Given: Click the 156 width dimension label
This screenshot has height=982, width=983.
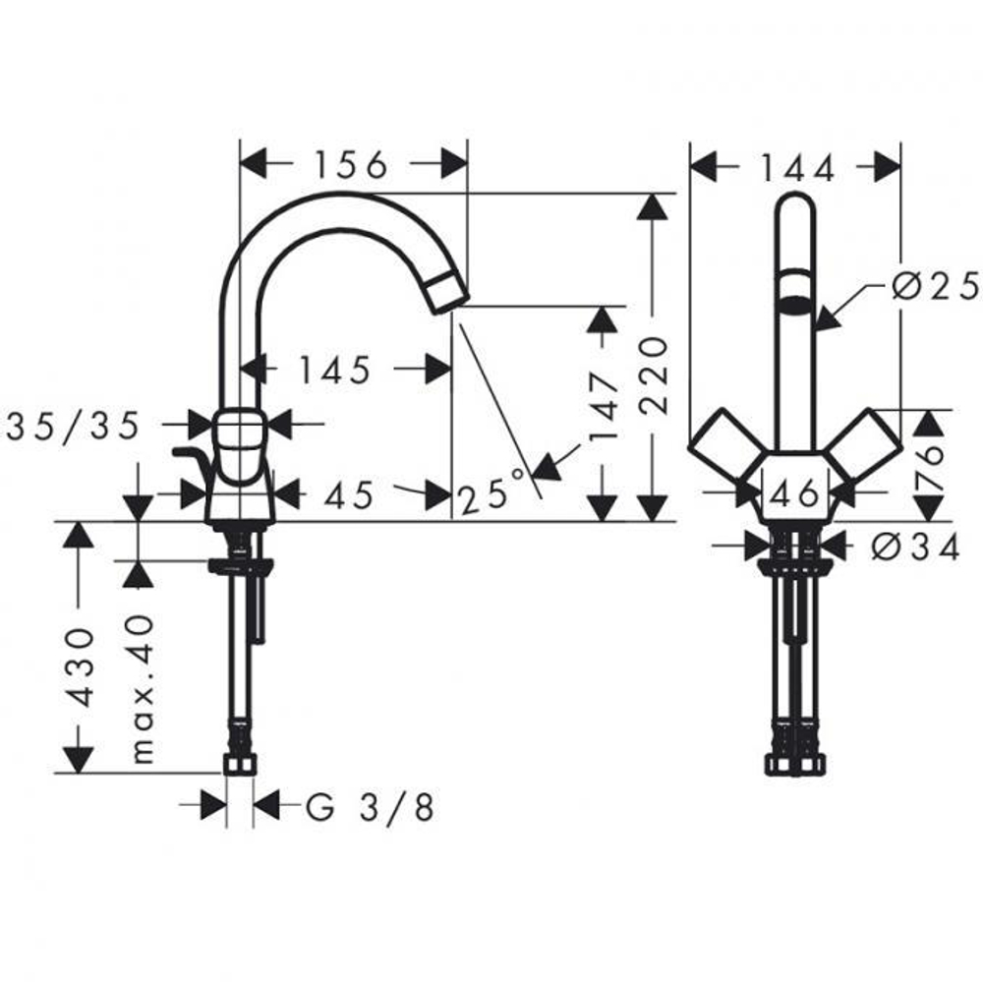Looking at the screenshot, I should (351, 165).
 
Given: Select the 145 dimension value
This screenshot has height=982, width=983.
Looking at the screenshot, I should (335, 371).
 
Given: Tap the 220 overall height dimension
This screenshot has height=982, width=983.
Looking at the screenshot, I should (654, 375).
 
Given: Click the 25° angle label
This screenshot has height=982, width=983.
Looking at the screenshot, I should (491, 494).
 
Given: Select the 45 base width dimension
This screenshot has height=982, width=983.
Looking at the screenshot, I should (349, 495).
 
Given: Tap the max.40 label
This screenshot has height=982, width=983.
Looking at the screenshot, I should (144, 688).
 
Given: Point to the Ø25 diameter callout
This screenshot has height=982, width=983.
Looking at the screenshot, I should (934, 286).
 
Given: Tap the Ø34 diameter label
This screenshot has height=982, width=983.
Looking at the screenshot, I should (914, 548).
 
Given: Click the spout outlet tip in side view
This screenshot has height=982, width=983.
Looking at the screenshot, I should (448, 292).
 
